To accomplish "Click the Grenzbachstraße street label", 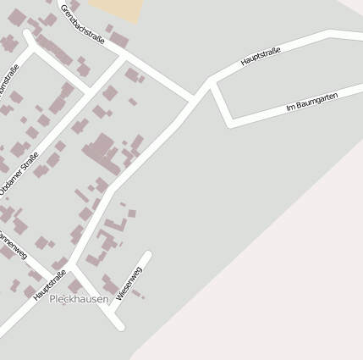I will [x=82, y=24].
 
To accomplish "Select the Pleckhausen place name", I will [x=79, y=299].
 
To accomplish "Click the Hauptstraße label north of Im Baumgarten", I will [x=260, y=57].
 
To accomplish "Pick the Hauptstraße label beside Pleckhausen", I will [x=50, y=286].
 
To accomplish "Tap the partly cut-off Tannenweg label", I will [x=12, y=244].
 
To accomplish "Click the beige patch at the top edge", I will [x=115, y=8].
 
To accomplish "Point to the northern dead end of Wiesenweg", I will [x=149, y=254].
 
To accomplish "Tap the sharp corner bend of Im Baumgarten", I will [x=229, y=124].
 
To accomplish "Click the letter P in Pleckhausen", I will [x=52, y=299].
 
